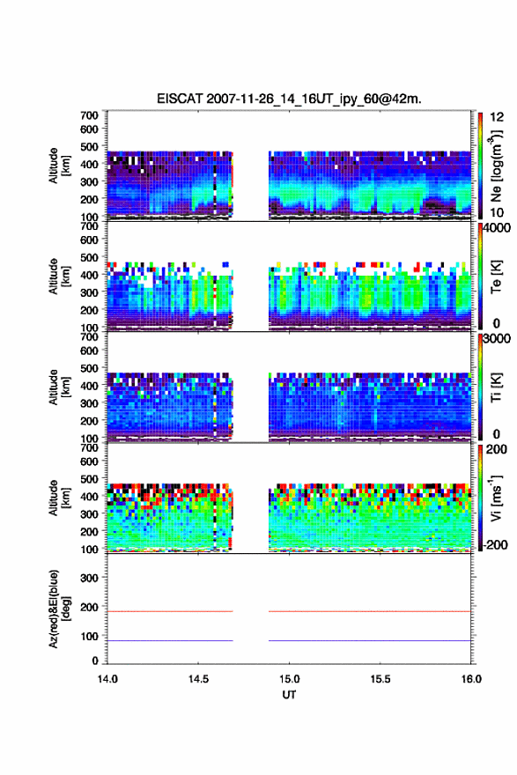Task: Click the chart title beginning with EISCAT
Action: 289,99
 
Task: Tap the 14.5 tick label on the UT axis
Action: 198,679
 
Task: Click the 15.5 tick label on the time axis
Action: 380,679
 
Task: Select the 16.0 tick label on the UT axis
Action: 471,679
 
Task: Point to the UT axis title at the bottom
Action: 289,695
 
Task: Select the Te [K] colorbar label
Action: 496,277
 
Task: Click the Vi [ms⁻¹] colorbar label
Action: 496,498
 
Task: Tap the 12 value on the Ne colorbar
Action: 497,117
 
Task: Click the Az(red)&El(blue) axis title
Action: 60,609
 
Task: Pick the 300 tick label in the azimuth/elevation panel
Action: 89,579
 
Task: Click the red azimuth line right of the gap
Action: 370,611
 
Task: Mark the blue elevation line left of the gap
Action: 170,640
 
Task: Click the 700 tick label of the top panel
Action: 89,115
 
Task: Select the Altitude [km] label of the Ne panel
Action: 60,166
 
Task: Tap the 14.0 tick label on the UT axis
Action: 107,679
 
